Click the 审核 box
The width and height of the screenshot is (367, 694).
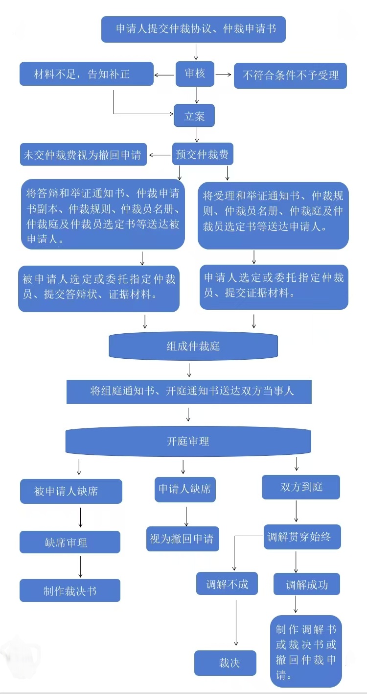(195, 74)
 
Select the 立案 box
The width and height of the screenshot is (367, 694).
(194, 116)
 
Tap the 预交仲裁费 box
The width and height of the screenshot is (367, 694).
(203, 154)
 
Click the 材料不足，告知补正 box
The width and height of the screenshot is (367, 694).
(87, 74)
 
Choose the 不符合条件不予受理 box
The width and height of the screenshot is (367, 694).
(290, 75)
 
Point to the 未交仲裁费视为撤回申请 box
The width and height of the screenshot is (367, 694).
(83, 154)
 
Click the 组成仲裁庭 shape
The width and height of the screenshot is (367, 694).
(193, 346)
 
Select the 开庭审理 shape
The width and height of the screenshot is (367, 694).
(188, 441)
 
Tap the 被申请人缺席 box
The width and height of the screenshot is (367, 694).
(71, 491)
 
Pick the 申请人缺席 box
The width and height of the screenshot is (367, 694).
(185, 489)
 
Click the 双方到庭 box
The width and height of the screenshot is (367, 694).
(301, 487)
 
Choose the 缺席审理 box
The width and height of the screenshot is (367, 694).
(70, 542)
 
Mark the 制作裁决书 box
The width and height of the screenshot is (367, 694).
(70, 591)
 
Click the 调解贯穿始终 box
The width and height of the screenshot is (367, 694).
(302, 537)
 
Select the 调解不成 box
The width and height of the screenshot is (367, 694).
(227, 584)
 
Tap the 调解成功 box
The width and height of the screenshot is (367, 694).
(307, 584)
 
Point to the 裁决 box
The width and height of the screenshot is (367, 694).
(225, 663)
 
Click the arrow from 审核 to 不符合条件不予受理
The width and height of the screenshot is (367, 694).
(224, 74)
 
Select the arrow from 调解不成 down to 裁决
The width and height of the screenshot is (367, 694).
(236, 623)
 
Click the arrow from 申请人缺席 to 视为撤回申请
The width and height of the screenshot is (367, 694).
(186, 517)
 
